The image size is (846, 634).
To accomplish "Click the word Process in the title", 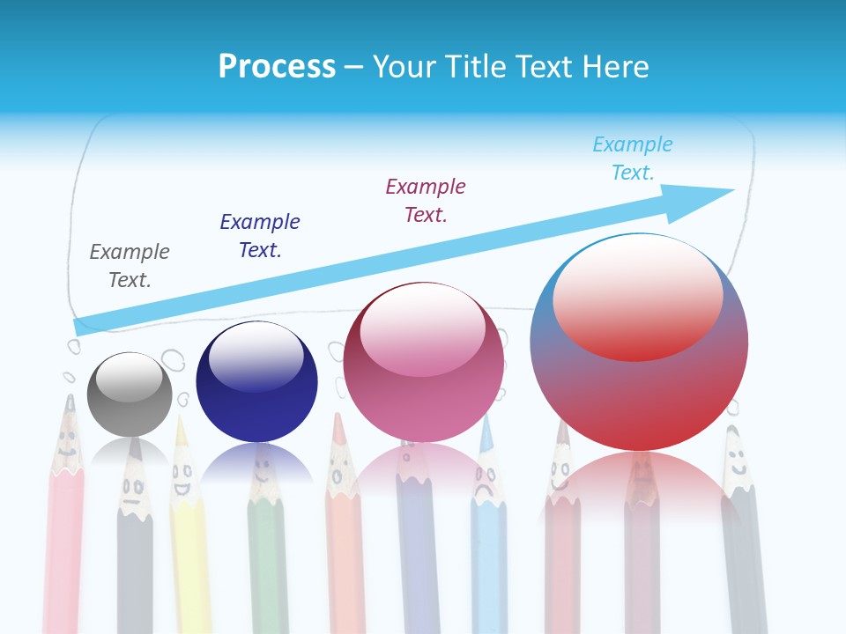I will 277,67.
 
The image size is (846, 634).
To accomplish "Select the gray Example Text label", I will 130,265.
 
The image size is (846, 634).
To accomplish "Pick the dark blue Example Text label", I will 260,235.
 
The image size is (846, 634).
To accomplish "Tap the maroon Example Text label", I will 426,200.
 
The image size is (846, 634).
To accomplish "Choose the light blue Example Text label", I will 633,158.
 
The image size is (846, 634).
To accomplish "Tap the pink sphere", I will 424,362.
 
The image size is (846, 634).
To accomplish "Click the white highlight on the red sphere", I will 638,296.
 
